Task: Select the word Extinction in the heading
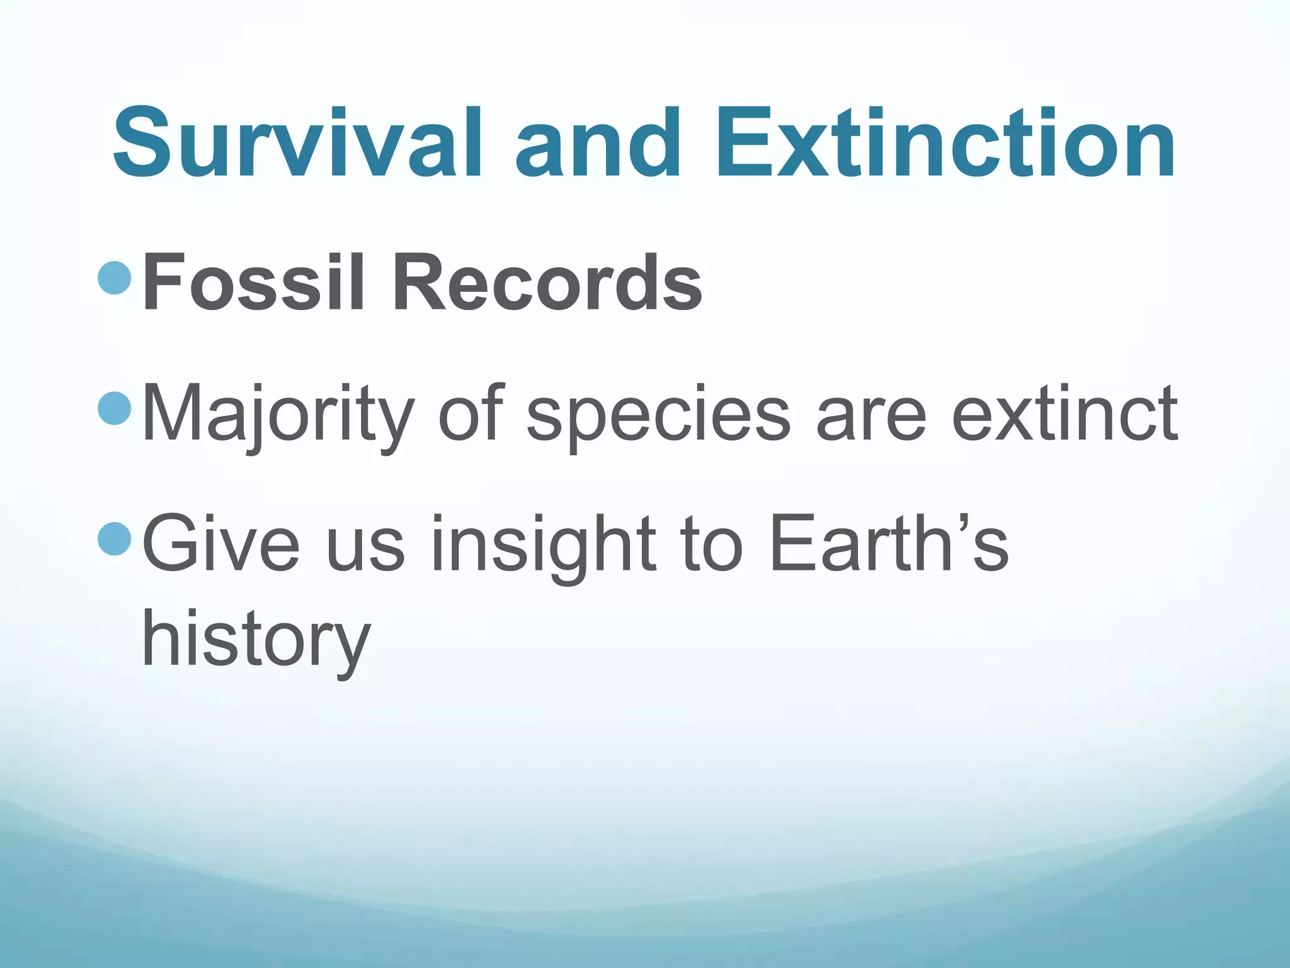[x=945, y=144]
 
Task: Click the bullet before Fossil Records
[x=115, y=277]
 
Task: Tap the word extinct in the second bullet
[x=1064, y=413]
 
